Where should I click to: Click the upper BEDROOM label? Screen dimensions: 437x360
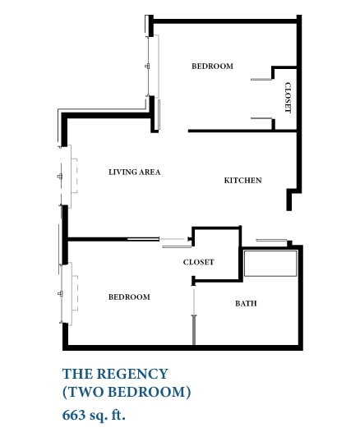pyautogui.click(x=212, y=67)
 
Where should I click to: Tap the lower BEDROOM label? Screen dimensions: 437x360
pyautogui.click(x=129, y=297)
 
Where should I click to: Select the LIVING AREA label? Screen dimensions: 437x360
pyautogui.click(x=134, y=172)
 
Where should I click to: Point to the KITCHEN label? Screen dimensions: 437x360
pyautogui.click(x=242, y=180)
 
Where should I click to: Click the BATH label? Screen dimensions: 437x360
pyautogui.click(x=246, y=303)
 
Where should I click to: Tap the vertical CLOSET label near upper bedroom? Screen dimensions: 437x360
pyautogui.click(x=288, y=99)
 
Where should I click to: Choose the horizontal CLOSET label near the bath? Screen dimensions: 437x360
pyautogui.click(x=198, y=262)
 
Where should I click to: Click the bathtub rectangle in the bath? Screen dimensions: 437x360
pyautogui.click(x=270, y=264)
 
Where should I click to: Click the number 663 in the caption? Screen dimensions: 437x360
pyautogui.click(x=74, y=414)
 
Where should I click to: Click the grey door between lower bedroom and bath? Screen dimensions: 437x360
pyautogui.click(x=193, y=328)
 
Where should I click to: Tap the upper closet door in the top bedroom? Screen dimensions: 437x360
pyautogui.click(x=261, y=79)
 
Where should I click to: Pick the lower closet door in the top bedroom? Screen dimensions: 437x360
pyautogui.click(x=261, y=120)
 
